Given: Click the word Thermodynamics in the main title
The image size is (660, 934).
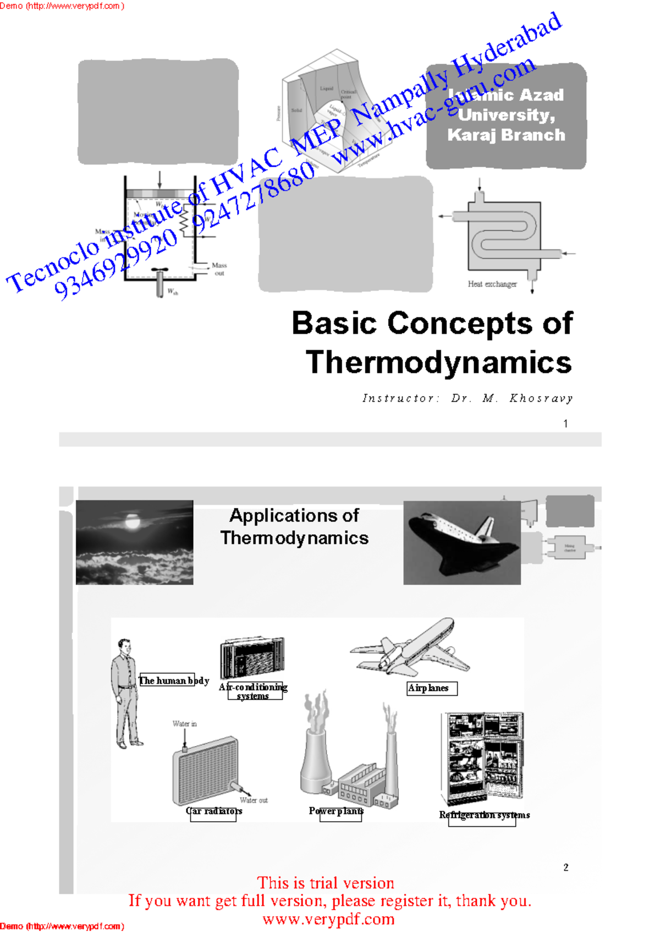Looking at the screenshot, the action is [x=438, y=362].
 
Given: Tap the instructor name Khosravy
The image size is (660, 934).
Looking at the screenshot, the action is [x=541, y=398].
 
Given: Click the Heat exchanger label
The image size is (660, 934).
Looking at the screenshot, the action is [x=492, y=284].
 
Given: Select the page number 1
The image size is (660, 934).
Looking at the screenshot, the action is [x=565, y=424].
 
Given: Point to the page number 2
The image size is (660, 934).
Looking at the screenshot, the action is [x=566, y=867].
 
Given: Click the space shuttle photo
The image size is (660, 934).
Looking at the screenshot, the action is [x=461, y=542].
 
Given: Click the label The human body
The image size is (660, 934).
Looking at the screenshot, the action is [x=174, y=680].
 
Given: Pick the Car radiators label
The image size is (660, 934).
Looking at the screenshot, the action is [x=214, y=811].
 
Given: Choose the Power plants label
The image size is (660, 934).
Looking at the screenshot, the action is [x=336, y=811].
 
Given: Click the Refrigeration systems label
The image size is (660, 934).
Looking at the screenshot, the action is [x=484, y=815].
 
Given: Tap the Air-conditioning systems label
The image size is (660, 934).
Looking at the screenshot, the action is [x=253, y=691].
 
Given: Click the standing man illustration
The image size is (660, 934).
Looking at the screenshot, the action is [x=126, y=693].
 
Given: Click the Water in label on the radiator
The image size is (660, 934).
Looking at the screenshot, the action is [x=184, y=724].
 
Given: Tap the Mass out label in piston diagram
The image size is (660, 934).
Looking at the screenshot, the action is [x=219, y=269].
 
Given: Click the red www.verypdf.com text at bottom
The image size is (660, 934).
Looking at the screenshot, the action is [x=328, y=919].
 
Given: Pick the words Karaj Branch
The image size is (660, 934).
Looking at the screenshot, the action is [x=506, y=135].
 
